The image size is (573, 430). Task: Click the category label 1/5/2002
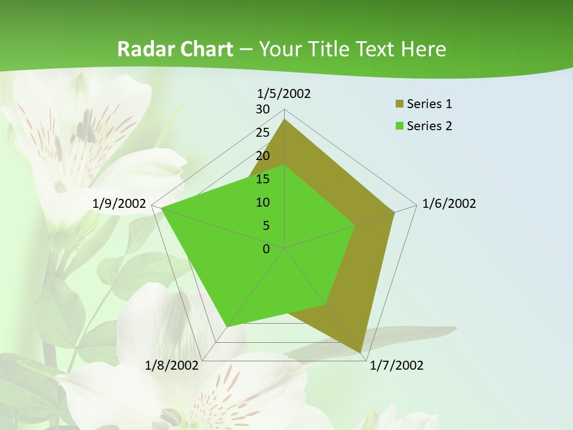point(284,94)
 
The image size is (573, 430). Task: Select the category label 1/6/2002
point(449,204)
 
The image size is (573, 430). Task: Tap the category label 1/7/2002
point(396,365)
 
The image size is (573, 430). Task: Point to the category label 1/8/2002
point(172,365)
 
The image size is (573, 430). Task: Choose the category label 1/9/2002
point(119,204)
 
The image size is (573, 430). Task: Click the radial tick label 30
point(263,109)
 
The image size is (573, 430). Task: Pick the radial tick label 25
point(263,133)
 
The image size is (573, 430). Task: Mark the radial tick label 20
point(263,156)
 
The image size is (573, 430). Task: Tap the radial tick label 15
point(263,179)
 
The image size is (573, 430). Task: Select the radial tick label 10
point(263,202)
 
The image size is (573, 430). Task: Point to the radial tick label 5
point(266,226)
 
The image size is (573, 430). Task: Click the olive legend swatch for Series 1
point(399,105)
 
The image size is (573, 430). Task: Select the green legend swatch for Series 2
point(399,126)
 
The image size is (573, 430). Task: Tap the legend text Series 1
point(429,105)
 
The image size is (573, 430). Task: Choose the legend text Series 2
point(429,126)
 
